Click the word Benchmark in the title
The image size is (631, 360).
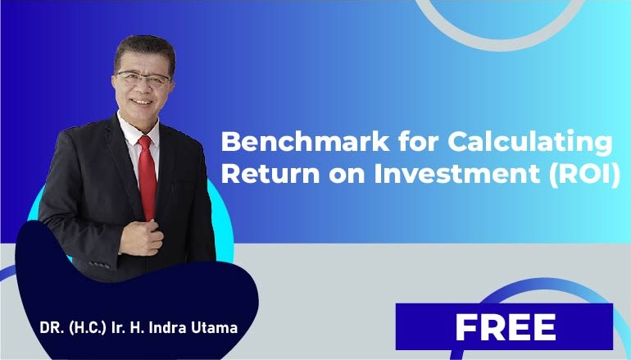pyautogui.click(x=306, y=141)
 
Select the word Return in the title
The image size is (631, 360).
pyautogui.click(x=270, y=174)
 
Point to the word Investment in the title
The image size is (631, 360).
pyautogui.click(x=457, y=174)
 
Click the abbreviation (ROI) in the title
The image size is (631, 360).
pyautogui.click(x=586, y=175)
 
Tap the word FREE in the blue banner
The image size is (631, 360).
pyautogui.click(x=506, y=327)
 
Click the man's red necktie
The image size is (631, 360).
pyautogui.click(x=148, y=177)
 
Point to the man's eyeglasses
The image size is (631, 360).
pyautogui.click(x=143, y=78)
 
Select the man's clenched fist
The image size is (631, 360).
pyautogui.click(x=142, y=238)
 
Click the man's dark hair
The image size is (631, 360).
pyautogui.click(x=145, y=50)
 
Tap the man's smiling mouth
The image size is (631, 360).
pyautogui.click(x=142, y=102)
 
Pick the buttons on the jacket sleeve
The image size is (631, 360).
pyautogui.click(x=99, y=265)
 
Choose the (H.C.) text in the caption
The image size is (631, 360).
pyautogui.click(x=88, y=328)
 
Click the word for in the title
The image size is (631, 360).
pyautogui.click(x=419, y=141)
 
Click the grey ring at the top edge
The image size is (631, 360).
pyautogui.click(x=500, y=43)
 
